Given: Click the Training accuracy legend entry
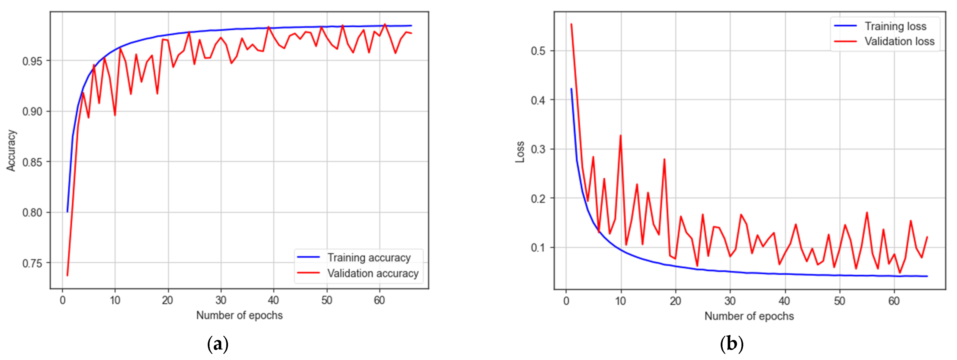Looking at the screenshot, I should [x=369, y=258].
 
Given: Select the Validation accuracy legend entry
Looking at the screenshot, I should [x=373, y=273].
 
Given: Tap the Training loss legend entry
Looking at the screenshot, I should [x=895, y=26].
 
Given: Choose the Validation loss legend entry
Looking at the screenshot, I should [x=899, y=41].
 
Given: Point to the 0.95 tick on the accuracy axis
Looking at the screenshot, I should [x=32, y=61].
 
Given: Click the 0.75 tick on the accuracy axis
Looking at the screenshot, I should [x=32, y=263].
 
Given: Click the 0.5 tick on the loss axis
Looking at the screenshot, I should [x=538, y=51].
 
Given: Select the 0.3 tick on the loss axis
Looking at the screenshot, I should [x=538, y=149].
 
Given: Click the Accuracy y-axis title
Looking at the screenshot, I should [x=11, y=151].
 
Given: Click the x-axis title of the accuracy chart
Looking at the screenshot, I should [x=239, y=315].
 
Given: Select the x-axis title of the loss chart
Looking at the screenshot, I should [x=749, y=316].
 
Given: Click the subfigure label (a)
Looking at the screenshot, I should [x=218, y=344].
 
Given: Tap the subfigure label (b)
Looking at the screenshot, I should [x=731, y=344].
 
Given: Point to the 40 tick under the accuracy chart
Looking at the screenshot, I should [x=273, y=300].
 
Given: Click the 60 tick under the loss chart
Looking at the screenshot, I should [x=894, y=301].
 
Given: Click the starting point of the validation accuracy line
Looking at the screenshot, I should [x=67, y=276].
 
